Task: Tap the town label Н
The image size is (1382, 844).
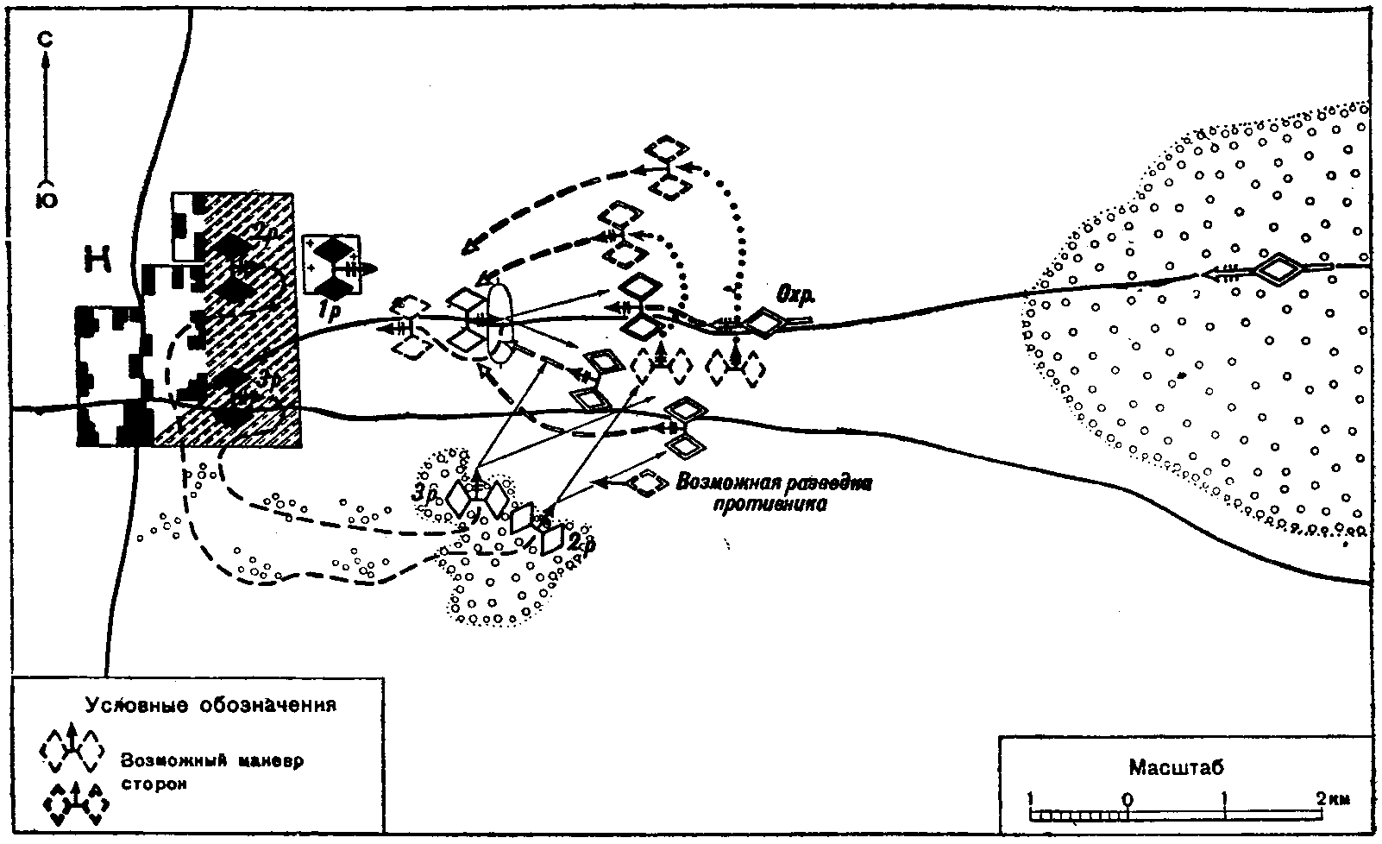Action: coord(97,256)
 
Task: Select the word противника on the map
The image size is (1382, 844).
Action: coord(770,504)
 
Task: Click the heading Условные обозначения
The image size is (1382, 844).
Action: coord(210,704)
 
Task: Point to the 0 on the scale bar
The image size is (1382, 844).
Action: coord(1128,798)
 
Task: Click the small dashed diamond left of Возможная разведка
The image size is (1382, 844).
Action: coord(646,482)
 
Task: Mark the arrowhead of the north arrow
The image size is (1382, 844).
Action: coord(49,60)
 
